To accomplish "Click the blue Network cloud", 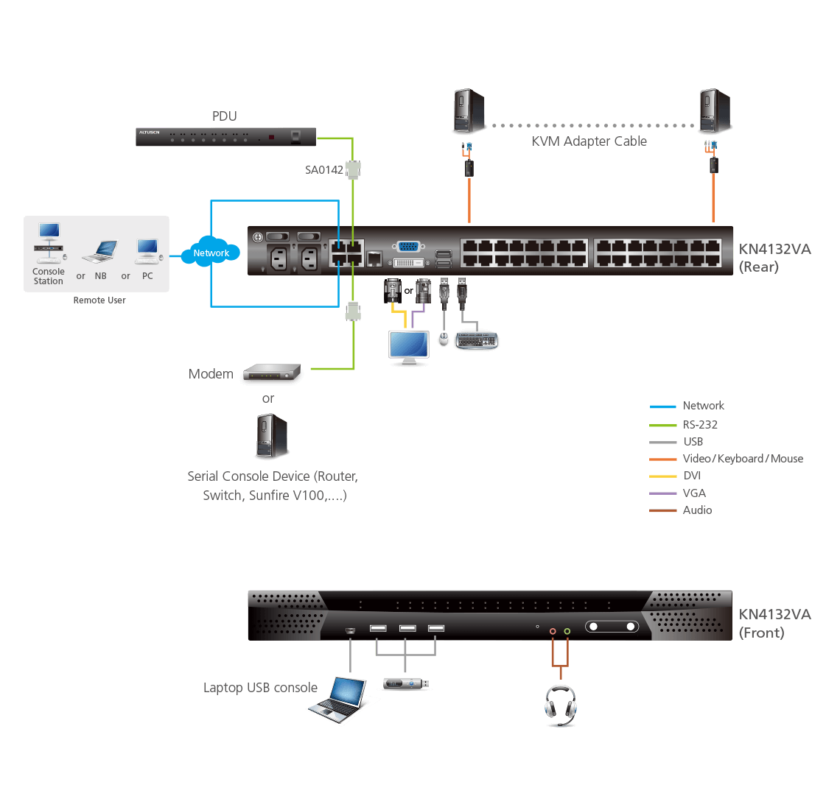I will (x=211, y=253).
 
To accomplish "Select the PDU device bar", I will (x=225, y=137).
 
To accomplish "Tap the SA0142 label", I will (x=324, y=170).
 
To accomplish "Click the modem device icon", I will (x=272, y=374).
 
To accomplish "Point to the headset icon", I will (x=560, y=705).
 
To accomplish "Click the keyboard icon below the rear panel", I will (x=477, y=339).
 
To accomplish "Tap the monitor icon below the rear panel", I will (x=409, y=347).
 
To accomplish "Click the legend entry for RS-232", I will (x=699, y=425).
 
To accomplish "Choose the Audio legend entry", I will (x=697, y=510).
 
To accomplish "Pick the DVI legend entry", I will (x=691, y=476).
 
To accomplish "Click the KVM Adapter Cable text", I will (x=589, y=141).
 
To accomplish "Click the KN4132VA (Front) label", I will (x=774, y=623).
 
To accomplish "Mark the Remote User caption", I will (x=99, y=300).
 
